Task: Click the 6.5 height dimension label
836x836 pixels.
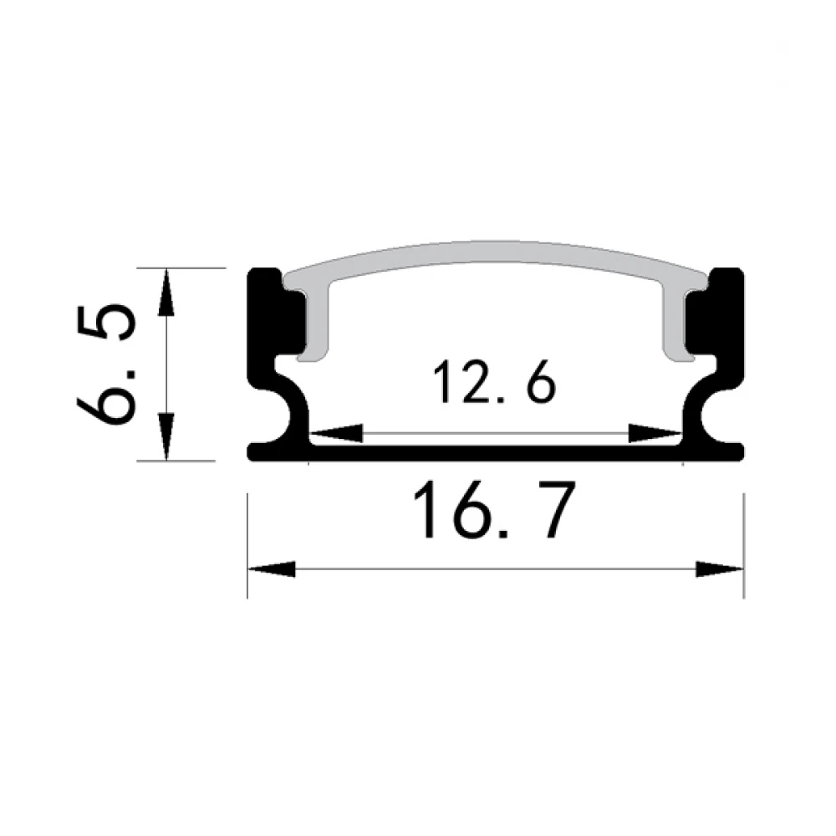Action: (x=105, y=364)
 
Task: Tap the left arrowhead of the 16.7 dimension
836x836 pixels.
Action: (x=273, y=569)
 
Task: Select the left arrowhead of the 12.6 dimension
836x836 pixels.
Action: (x=336, y=433)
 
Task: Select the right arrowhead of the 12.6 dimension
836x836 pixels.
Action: (x=655, y=433)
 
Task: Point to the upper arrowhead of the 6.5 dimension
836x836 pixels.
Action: (x=167, y=292)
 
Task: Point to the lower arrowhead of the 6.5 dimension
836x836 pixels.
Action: (x=167, y=436)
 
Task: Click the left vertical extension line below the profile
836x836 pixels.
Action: (x=248, y=543)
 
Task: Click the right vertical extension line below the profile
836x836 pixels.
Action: (x=743, y=543)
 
